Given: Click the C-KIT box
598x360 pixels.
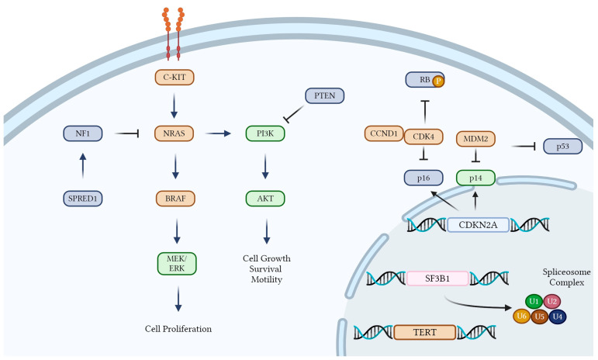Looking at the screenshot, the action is (x=175, y=77).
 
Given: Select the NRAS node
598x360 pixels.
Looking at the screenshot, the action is (x=174, y=133).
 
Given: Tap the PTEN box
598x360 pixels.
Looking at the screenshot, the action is (x=324, y=95).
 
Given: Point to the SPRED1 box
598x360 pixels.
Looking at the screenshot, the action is (x=83, y=199).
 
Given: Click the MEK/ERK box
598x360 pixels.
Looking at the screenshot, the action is (x=177, y=264).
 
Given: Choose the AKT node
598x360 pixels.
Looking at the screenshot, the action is (x=265, y=199).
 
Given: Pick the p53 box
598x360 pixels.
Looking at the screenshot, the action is (x=563, y=146).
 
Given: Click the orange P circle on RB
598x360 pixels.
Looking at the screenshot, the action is (x=438, y=81).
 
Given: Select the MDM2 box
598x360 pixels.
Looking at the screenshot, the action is (x=475, y=139).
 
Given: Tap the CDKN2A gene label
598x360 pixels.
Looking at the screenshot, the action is (x=478, y=225).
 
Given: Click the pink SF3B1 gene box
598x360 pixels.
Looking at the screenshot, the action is (x=437, y=279).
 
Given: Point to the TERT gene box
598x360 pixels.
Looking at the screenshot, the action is (x=425, y=332).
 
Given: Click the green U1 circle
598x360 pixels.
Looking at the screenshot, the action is (x=534, y=301).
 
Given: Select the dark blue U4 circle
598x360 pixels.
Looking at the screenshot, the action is (x=558, y=317).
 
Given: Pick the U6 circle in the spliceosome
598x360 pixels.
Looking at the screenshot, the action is (x=521, y=316).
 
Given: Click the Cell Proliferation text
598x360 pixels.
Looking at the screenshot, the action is (x=178, y=329).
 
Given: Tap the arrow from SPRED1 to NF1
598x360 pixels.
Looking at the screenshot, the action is (x=83, y=165).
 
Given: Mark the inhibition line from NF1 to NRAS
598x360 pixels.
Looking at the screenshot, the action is (x=126, y=133).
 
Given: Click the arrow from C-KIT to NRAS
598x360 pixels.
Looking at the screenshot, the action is (x=174, y=106).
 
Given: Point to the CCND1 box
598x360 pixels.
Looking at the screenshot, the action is (x=384, y=133).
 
